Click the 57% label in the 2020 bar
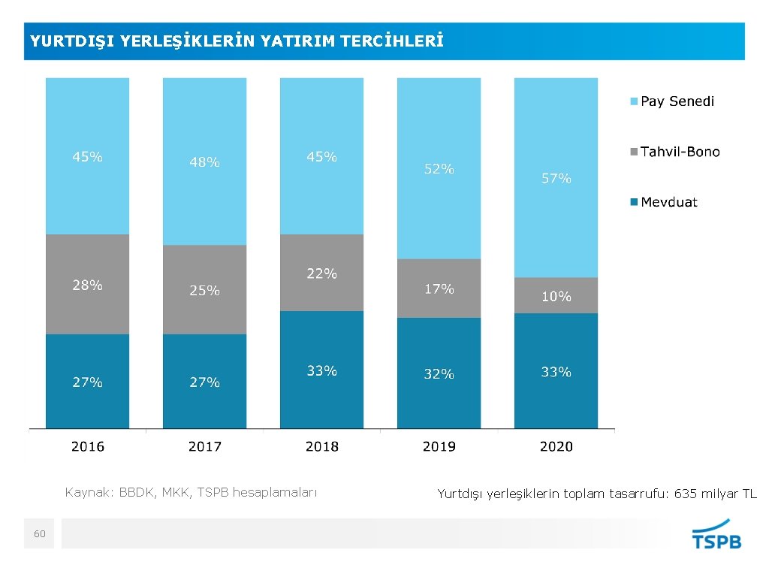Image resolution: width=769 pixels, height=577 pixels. pyautogui.click(x=556, y=179)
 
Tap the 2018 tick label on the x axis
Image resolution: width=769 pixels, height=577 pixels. pyautogui.click(x=321, y=446)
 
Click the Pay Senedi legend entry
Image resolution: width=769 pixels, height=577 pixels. pyautogui.click(x=677, y=101)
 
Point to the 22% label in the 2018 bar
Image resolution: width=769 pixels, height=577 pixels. pyautogui.click(x=321, y=274)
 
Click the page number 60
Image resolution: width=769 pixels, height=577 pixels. pyautogui.click(x=39, y=533)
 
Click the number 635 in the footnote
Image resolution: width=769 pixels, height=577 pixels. pyautogui.click(x=687, y=494)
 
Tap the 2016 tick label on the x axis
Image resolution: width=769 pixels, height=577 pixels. pyautogui.click(x=87, y=446)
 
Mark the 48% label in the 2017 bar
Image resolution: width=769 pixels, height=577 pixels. pyautogui.click(x=204, y=162)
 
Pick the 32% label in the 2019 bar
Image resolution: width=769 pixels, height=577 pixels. pyautogui.click(x=439, y=373)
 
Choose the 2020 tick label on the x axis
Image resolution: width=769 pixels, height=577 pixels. pyautogui.click(x=556, y=446)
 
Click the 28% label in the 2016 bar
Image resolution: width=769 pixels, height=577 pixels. pyautogui.click(x=87, y=285)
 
